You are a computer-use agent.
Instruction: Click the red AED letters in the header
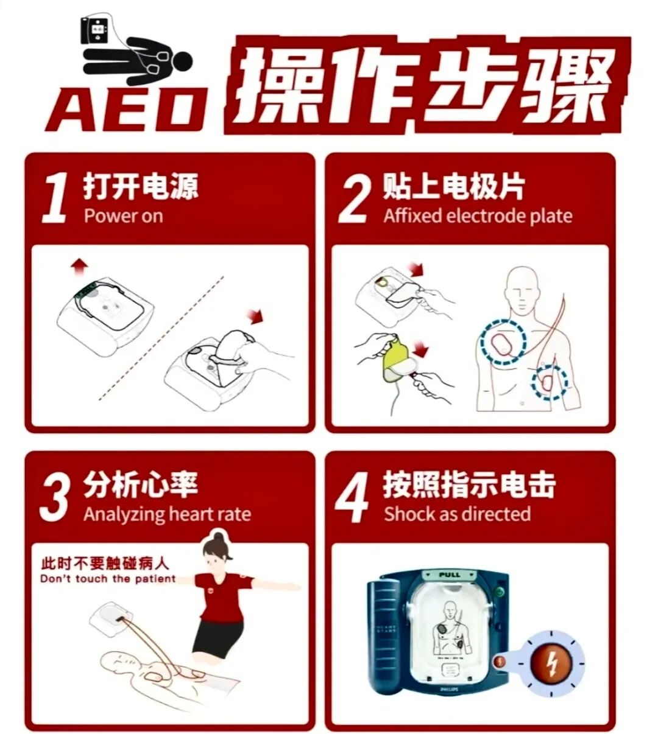pos(125,110)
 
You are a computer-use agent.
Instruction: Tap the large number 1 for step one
pos(55,198)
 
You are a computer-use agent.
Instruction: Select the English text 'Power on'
pos(123,216)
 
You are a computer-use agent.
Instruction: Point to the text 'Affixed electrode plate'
pos(478,216)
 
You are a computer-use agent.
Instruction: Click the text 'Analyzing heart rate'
pos(167,514)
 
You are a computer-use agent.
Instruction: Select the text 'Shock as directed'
pos(457,514)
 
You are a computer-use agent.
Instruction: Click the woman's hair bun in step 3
pos(218,537)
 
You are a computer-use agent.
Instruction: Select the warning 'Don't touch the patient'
pos(108,578)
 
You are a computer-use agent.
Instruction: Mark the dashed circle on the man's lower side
pos(549,382)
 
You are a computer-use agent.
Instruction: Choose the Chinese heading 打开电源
pos(141,186)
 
